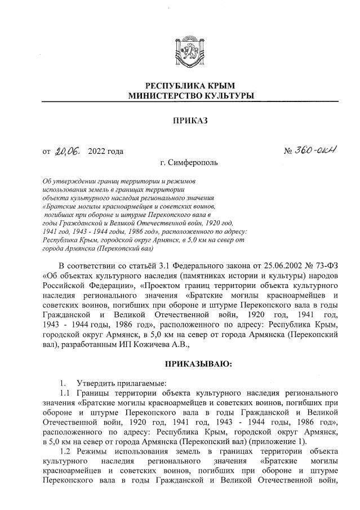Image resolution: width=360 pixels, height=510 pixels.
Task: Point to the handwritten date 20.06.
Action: tap(68, 150)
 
